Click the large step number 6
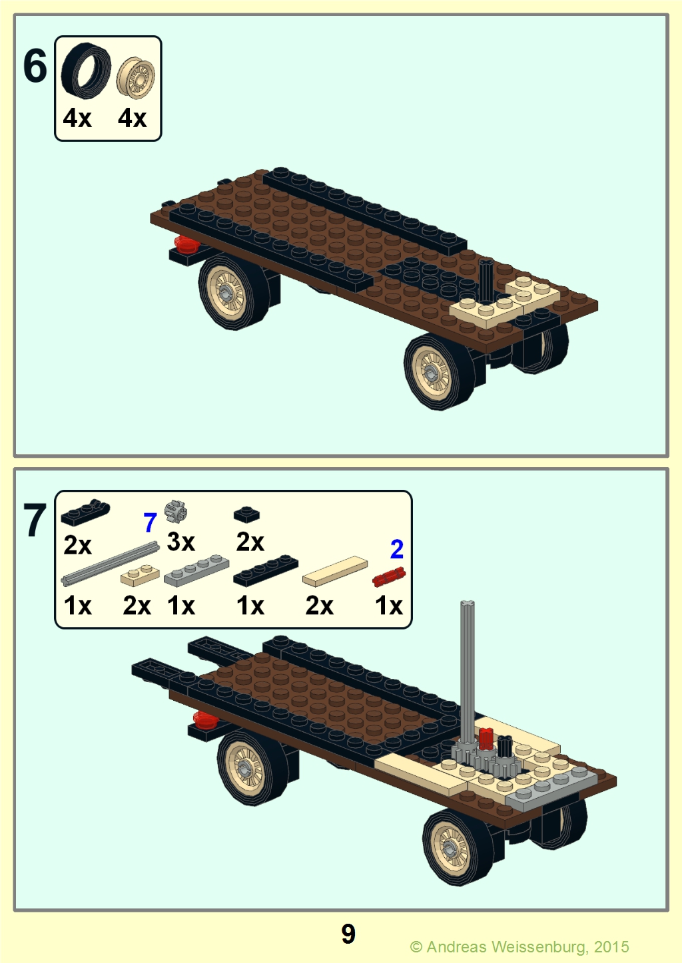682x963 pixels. pyautogui.click(x=35, y=66)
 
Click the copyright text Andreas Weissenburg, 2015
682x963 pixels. pyautogui.click(x=527, y=946)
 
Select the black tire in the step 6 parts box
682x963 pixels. pyautogui.click(x=86, y=69)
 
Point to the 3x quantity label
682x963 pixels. pyautogui.click(x=180, y=541)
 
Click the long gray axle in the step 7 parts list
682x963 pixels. pyautogui.click(x=110, y=563)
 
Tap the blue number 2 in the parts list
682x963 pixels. pyautogui.click(x=397, y=549)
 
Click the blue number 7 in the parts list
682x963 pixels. pyautogui.click(x=149, y=522)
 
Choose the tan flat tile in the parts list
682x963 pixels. pyautogui.click(x=335, y=571)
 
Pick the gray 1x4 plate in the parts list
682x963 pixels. pyautogui.click(x=196, y=570)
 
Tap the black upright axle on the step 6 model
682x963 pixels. pyautogui.click(x=486, y=281)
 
